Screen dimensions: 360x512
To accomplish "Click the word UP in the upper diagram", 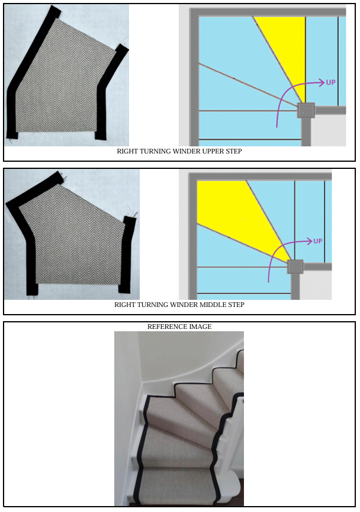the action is click(330, 82).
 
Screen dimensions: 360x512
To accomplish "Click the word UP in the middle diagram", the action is click(317, 241).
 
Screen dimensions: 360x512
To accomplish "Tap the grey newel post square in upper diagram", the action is click(306, 110).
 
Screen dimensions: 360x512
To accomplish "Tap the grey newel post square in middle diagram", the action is click(295, 267).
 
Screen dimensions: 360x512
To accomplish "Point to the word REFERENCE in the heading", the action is click(167, 327).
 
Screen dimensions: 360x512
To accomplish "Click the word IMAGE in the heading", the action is click(200, 327).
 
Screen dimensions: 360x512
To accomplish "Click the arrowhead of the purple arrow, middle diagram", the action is click(309, 241).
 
